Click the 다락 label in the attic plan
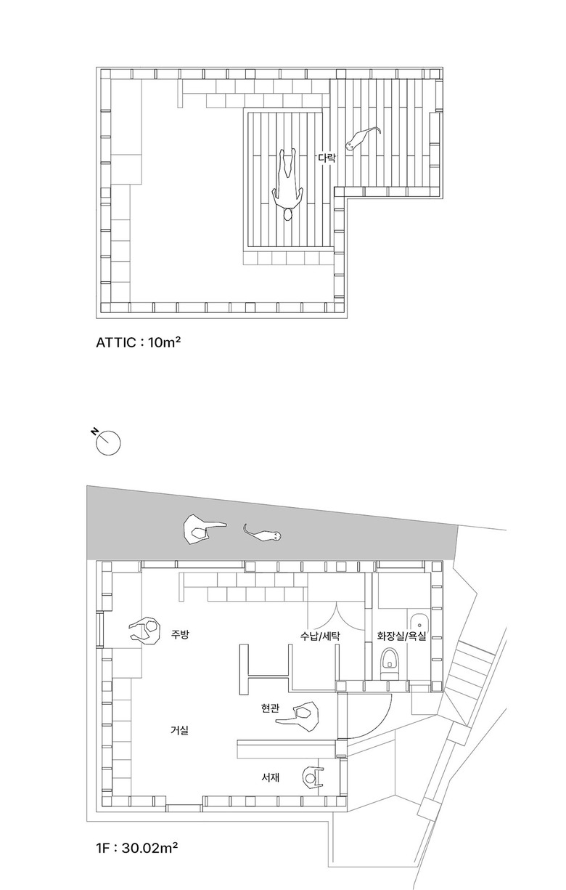327,158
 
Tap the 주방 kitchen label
180,634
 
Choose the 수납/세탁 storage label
320,636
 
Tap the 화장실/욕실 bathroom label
401,636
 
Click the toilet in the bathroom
388,664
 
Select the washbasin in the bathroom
419,628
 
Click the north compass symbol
107,441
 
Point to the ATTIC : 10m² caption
138,342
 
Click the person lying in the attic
288,185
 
